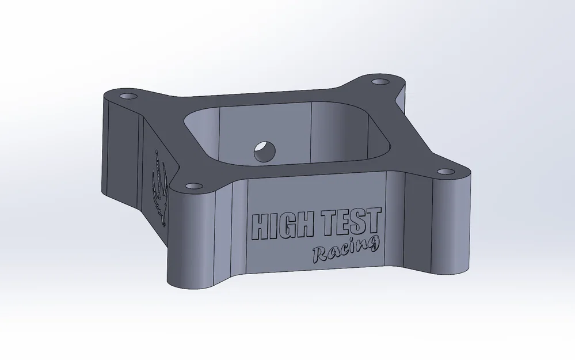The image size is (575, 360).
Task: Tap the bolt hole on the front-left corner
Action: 192,186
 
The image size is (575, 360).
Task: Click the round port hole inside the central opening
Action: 264,151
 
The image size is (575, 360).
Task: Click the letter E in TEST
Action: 345,222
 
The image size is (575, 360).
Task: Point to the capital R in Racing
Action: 319,253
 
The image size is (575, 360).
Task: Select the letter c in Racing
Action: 344,251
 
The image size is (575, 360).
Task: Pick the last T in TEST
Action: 374,219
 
